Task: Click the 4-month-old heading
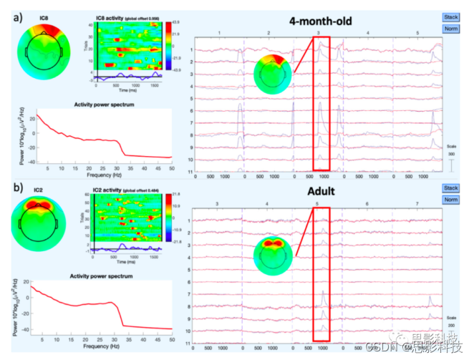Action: click(322, 21)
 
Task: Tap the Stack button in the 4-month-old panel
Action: click(450, 16)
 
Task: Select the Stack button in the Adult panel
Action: click(450, 188)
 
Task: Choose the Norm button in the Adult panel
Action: click(450, 200)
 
